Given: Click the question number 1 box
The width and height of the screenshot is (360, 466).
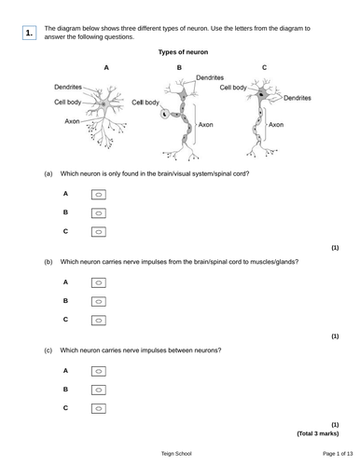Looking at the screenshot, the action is coord(29,33).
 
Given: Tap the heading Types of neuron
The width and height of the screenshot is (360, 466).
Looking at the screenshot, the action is coord(183,52).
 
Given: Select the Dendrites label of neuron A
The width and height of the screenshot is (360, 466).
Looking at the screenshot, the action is coord(68,87).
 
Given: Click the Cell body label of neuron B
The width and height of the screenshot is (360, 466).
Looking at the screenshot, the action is coord(145,103).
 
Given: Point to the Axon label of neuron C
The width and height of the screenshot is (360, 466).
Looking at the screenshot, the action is coord(276,125).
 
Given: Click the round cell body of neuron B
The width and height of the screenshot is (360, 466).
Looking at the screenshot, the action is coord(164,114).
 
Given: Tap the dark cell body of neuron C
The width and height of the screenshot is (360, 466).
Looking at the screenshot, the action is coord(261,93).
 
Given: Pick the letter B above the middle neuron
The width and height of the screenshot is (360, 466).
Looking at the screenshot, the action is coord(179,67).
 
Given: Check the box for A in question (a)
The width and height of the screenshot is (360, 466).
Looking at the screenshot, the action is coord(99,195).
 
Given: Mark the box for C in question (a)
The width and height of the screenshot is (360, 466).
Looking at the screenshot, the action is coord(99,232).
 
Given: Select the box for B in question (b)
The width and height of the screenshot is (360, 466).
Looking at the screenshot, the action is coord(99,302).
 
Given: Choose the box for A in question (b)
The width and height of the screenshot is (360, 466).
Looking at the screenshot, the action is coord(99,283).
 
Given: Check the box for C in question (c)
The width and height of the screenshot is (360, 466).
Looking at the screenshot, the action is coord(99,408).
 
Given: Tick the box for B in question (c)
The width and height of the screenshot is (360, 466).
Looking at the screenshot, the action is coord(99,390).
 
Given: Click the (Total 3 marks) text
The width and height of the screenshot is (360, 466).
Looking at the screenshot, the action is coord(318,433).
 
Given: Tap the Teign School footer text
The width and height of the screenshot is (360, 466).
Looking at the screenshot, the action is coord(176,454).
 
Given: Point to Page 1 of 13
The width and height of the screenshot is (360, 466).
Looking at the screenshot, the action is coord(338,454).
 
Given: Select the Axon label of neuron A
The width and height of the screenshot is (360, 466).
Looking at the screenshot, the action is coord(72,121).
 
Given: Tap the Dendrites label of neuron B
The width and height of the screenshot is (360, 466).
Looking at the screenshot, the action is coord(210,77).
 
